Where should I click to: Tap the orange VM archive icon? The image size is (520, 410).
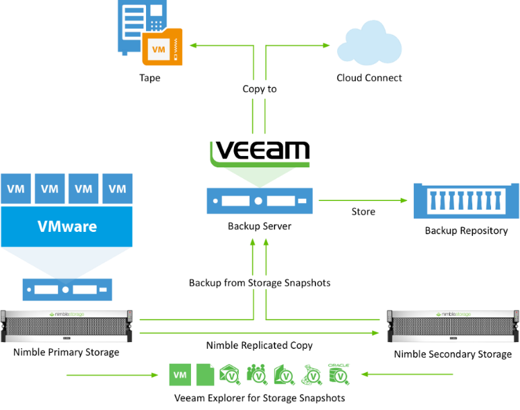coord(162,48)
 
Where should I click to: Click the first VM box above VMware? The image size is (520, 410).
coord(16,189)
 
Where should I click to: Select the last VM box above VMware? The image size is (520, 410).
coord(117,189)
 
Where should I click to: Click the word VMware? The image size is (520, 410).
coord(67,227)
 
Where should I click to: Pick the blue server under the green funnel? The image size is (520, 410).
coord(259,200)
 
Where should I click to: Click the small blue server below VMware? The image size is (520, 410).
coord(67,290)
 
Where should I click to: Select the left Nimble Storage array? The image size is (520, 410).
coord(67,326)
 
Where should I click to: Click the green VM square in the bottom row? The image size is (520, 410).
coord(180,375)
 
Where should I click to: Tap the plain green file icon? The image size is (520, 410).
coord(205,375)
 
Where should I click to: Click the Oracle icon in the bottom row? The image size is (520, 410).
coord(338,374)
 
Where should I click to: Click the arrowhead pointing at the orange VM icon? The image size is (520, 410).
coord(192,46)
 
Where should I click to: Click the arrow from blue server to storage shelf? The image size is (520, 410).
coord(363,200)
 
